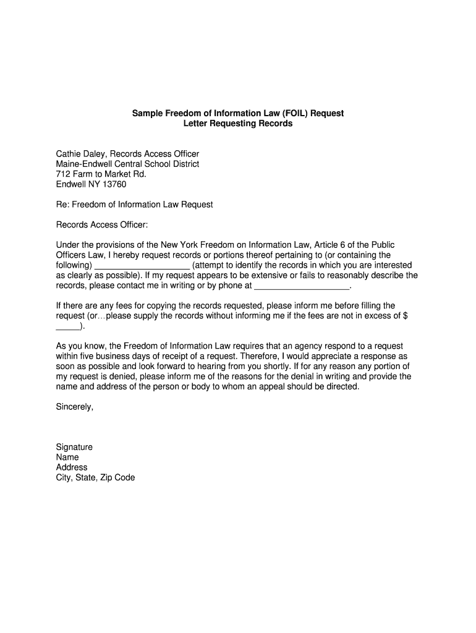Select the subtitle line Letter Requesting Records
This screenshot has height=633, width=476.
[x=238, y=124]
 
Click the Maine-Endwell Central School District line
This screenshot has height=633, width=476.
[x=128, y=164]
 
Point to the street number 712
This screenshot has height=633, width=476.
[x=63, y=174]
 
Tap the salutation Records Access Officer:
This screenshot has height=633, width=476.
[x=103, y=225]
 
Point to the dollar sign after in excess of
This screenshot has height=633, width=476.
[x=405, y=316]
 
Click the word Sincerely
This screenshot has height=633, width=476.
[x=75, y=407]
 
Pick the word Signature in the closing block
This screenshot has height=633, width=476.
[x=74, y=447]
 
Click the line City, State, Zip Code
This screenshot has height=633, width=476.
[x=95, y=477]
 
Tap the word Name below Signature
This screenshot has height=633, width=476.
[x=67, y=457]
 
